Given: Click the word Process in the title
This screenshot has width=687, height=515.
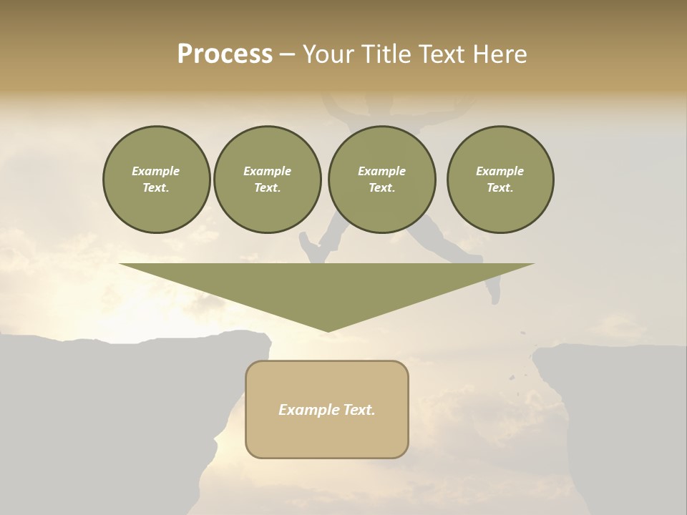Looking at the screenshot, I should (x=225, y=54).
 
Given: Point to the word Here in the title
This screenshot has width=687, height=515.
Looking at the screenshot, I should (x=500, y=54).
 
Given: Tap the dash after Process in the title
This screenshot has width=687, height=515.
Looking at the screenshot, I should (x=287, y=55).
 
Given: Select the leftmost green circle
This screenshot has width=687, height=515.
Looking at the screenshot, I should (x=157, y=180).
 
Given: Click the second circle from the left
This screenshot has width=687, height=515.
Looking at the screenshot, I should (x=268, y=180).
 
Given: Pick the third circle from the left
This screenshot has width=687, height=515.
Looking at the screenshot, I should (x=382, y=180).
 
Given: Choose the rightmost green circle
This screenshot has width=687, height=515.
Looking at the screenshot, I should (x=500, y=180).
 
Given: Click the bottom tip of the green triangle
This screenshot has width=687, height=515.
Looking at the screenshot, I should (x=327, y=330).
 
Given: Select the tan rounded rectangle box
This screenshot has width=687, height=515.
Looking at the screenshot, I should (x=327, y=429).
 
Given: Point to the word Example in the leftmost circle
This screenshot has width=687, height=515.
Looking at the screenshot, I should (x=156, y=171).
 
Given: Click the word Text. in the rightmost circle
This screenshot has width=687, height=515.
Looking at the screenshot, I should (x=500, y=188).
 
